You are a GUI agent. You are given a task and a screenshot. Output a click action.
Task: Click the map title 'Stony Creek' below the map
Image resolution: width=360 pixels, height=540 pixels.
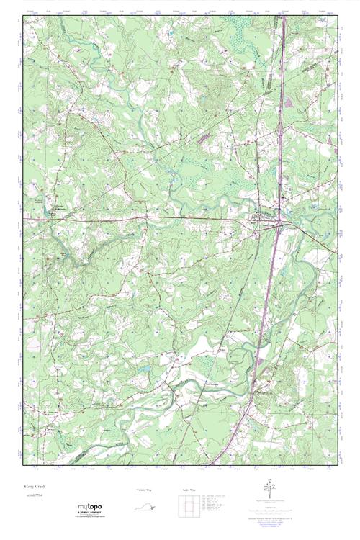point(34,487)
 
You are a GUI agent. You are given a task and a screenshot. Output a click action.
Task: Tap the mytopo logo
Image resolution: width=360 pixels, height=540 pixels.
point(90,508)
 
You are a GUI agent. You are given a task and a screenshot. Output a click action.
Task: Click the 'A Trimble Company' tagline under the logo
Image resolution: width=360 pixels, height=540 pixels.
point(90,513)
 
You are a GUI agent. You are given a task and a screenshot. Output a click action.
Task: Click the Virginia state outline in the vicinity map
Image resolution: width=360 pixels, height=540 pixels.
point(145,507)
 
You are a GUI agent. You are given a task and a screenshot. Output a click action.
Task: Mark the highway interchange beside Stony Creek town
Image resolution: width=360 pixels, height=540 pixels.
point(279,225)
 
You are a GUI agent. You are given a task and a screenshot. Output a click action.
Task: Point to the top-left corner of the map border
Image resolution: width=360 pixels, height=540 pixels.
point(23,17)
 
